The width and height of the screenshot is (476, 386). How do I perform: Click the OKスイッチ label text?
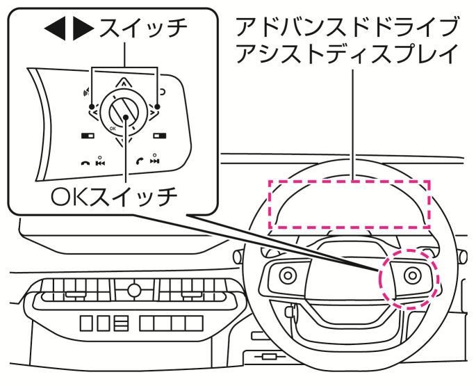tap(115, 197)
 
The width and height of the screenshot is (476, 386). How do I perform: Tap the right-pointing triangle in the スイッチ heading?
tap(83, 29)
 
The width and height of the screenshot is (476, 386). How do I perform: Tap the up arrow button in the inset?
tap(123, 83)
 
